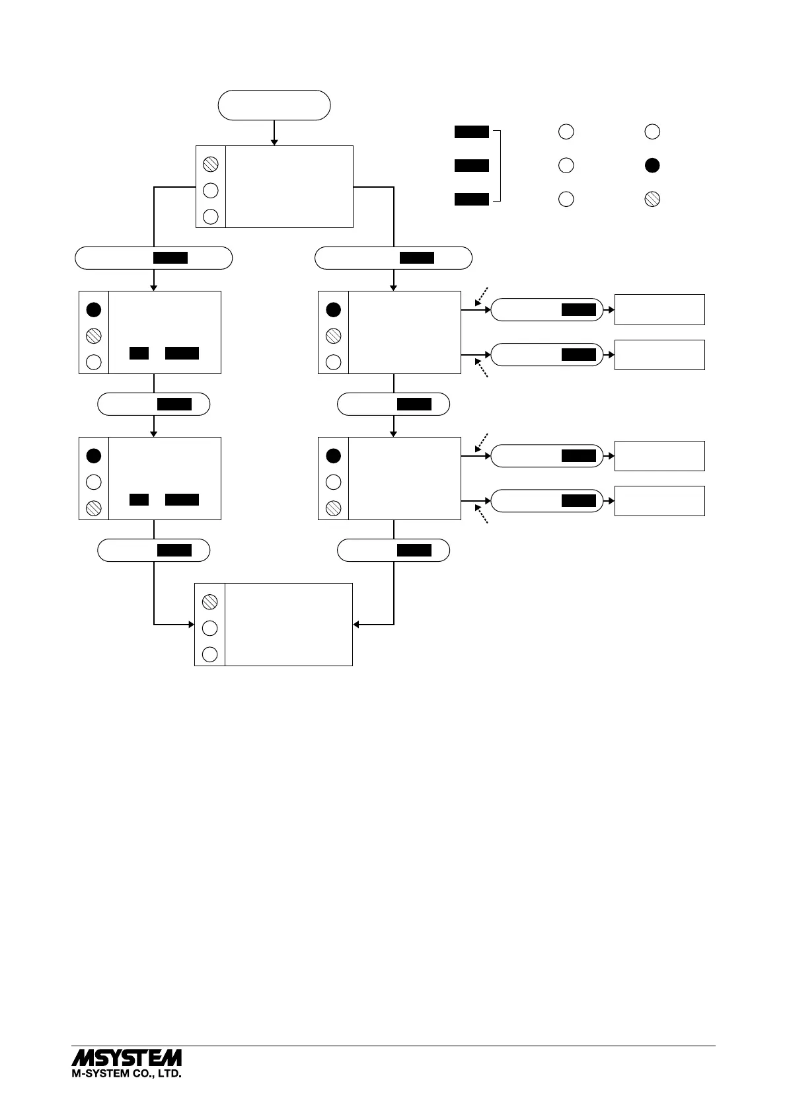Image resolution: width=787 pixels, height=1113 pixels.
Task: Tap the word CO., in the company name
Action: coord(140,1074)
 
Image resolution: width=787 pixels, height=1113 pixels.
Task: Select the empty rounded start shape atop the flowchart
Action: coord(274,105)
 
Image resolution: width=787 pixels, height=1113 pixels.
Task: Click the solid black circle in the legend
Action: coord(652,165)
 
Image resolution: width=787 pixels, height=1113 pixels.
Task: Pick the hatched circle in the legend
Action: coord(652,199)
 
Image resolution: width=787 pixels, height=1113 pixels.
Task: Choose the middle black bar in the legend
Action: coord(472,165)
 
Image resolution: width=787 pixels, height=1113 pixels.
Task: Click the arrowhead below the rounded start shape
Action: coord(274,141)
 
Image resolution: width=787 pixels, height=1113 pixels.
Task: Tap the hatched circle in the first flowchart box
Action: coord(211,163)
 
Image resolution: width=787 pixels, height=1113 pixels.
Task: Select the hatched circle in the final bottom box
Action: coord(209,601)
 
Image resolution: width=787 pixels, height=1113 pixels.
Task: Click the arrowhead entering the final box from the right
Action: coord(357,624)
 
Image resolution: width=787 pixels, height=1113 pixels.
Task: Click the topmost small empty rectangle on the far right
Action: coord(659,309)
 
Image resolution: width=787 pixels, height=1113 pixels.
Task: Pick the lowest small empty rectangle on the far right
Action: coord(659,500)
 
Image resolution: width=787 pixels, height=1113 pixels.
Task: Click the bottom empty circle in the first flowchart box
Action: coord(211,216)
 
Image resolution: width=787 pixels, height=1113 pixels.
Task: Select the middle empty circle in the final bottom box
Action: coord(209,628)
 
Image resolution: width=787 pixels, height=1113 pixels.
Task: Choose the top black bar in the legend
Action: coord(472,132)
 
